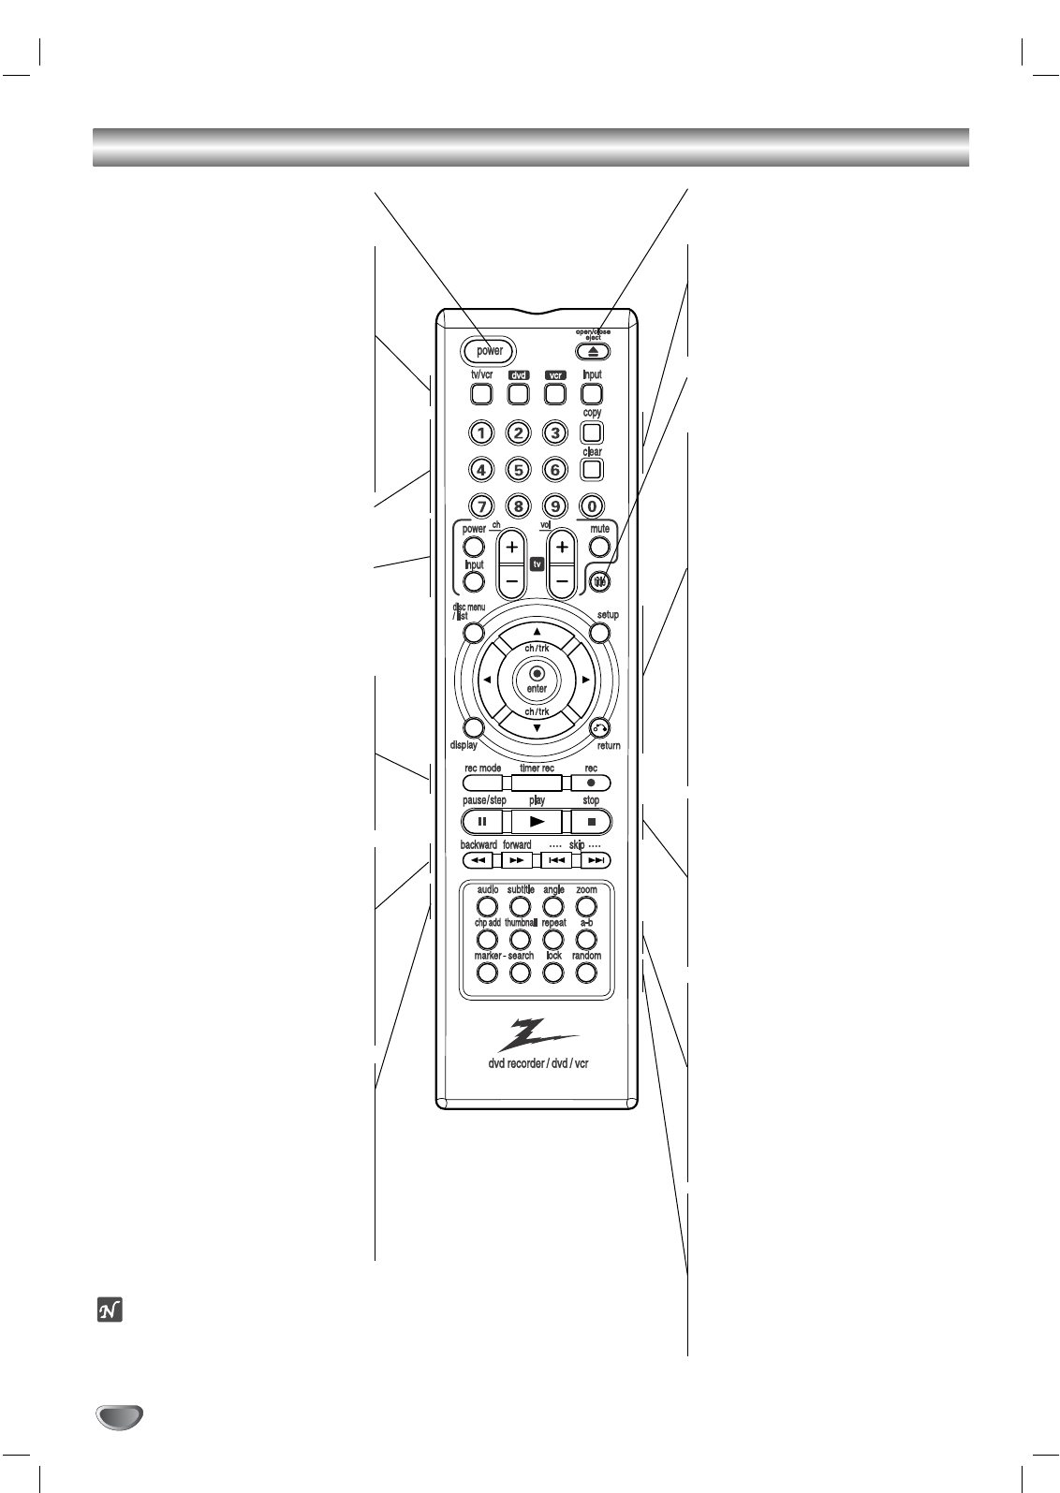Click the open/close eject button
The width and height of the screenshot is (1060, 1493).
point(593,352)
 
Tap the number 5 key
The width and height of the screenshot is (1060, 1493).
point(518,470)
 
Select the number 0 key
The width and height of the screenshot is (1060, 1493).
point(592,506)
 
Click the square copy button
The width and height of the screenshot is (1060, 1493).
point(592,432)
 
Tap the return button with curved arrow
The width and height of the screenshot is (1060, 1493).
point(599,727)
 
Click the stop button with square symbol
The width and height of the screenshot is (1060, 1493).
point(591,822)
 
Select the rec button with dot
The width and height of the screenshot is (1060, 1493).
point(591,783)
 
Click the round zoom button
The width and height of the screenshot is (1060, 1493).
point(586,906)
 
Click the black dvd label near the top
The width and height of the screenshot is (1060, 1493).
point(519,375)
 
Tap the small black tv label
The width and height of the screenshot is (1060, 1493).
point(537,564)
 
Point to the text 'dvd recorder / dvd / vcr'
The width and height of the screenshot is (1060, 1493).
point(537,1064)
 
